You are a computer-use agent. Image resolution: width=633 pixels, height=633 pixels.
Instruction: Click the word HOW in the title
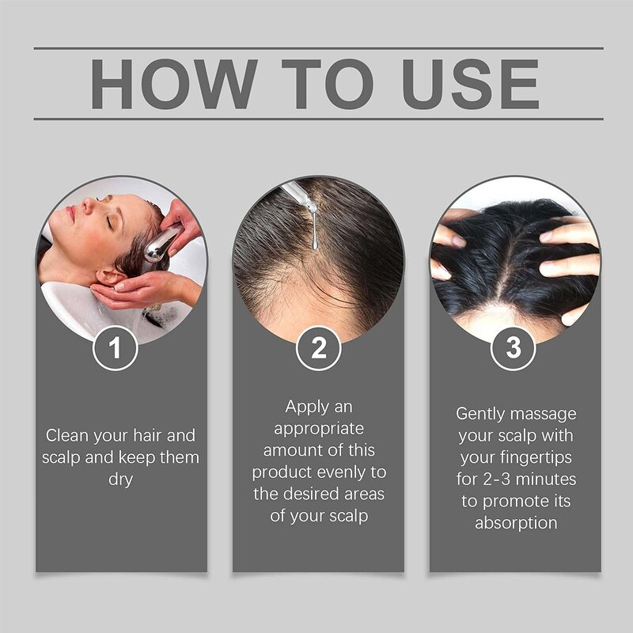pyautogui.click(x=172, y=84)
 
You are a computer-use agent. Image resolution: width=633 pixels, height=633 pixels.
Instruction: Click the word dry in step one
pyautogui.click(x=121, y=479)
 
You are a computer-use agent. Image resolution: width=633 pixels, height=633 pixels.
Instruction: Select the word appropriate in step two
pyautogui.click(x=318, y=429)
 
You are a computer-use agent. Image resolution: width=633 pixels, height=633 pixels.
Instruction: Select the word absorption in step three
pyautogui.click(x=516, y=524)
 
